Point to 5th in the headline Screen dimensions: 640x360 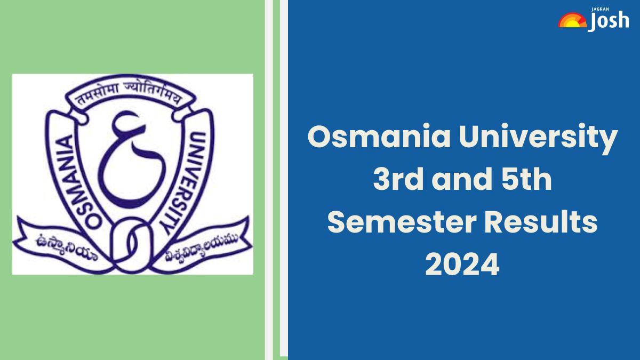(527, 179)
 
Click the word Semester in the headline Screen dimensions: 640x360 (402, 223)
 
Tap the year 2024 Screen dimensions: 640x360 (462, 265)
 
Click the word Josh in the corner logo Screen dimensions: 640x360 (609, 21)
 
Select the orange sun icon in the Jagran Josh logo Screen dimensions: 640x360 (572, 20)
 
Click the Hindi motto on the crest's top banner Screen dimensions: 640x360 (130, 94)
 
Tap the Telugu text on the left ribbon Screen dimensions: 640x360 (66, 247)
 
